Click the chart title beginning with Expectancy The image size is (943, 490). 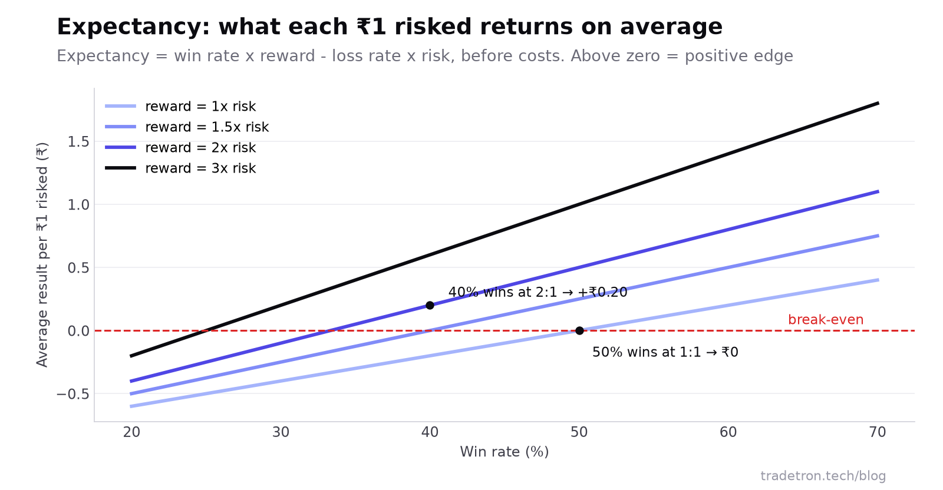click(x=390, y=27)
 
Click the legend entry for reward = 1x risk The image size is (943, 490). click(x=180, y=107)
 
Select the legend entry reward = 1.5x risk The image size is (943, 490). click(x=187, y=127)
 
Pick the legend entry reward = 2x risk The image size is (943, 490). click(x=180, y=148)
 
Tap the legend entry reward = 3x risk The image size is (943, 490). click(x=180, y=168)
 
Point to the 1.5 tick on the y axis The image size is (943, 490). click(x=78, y=142)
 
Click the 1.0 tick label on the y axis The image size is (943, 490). click(x=78, y=205)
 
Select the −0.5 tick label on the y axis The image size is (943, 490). click(x=73, y=394)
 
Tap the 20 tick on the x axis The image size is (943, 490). click(x=131, y=432)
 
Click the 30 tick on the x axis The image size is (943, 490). click(x=281, y=432)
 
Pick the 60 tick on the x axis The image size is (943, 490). click(x=728, y=432)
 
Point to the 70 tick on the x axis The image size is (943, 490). click(x=878, y=432)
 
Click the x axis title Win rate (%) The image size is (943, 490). click(x=505, y=452)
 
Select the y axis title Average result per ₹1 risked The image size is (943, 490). click(x=42, y=255)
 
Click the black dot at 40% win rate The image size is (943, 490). click(x=430, y=305)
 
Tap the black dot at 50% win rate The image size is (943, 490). click(x=579, y=330)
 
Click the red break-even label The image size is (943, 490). click(x=826, y=320)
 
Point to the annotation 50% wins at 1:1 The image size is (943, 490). click(x=665, y=352)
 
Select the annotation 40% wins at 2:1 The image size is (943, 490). click(x=538, y=292)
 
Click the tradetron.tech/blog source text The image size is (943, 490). click(x=823, y=476)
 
